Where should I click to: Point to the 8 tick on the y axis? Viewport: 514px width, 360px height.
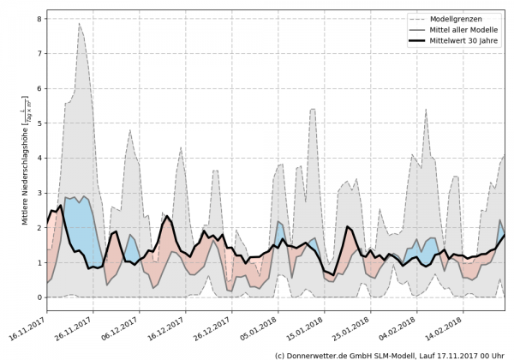(x=39, y=18)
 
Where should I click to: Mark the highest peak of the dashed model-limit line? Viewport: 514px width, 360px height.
(x=79, y=23)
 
